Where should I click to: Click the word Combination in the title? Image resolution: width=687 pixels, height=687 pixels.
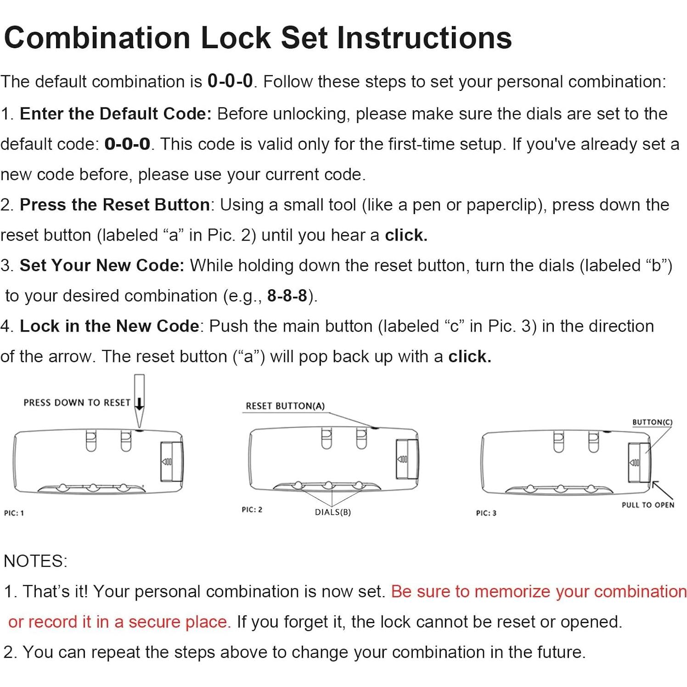tap(97, 38)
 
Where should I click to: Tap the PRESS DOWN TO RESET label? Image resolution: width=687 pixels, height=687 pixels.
tap(77, 403)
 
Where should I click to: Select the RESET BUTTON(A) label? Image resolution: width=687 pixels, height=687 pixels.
tap(285, 406)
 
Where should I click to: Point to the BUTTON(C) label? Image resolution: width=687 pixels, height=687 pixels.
tap(652, 422)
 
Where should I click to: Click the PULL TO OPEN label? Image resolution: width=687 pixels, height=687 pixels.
tap(648, 505)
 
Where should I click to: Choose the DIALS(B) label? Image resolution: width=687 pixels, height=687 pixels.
tap(333, 512)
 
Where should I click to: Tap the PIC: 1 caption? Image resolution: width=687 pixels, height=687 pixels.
tap(14, 513)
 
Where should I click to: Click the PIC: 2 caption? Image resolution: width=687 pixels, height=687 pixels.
tap(252, 510)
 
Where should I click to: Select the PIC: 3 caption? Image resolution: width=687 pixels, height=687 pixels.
tap(486, 513)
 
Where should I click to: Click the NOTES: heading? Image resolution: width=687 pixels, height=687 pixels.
tap(35, 561)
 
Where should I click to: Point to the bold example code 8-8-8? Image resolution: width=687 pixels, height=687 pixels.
tap(287, 296)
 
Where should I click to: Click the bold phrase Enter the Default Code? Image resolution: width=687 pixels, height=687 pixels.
tap(115, 114)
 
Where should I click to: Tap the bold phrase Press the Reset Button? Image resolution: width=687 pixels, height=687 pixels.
tap(114, 205)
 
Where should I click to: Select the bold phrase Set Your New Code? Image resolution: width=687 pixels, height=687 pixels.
tap(101, 265)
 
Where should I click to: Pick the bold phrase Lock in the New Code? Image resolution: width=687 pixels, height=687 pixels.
tap(109, 326)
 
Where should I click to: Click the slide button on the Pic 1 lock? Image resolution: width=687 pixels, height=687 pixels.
tap(171, 462)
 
